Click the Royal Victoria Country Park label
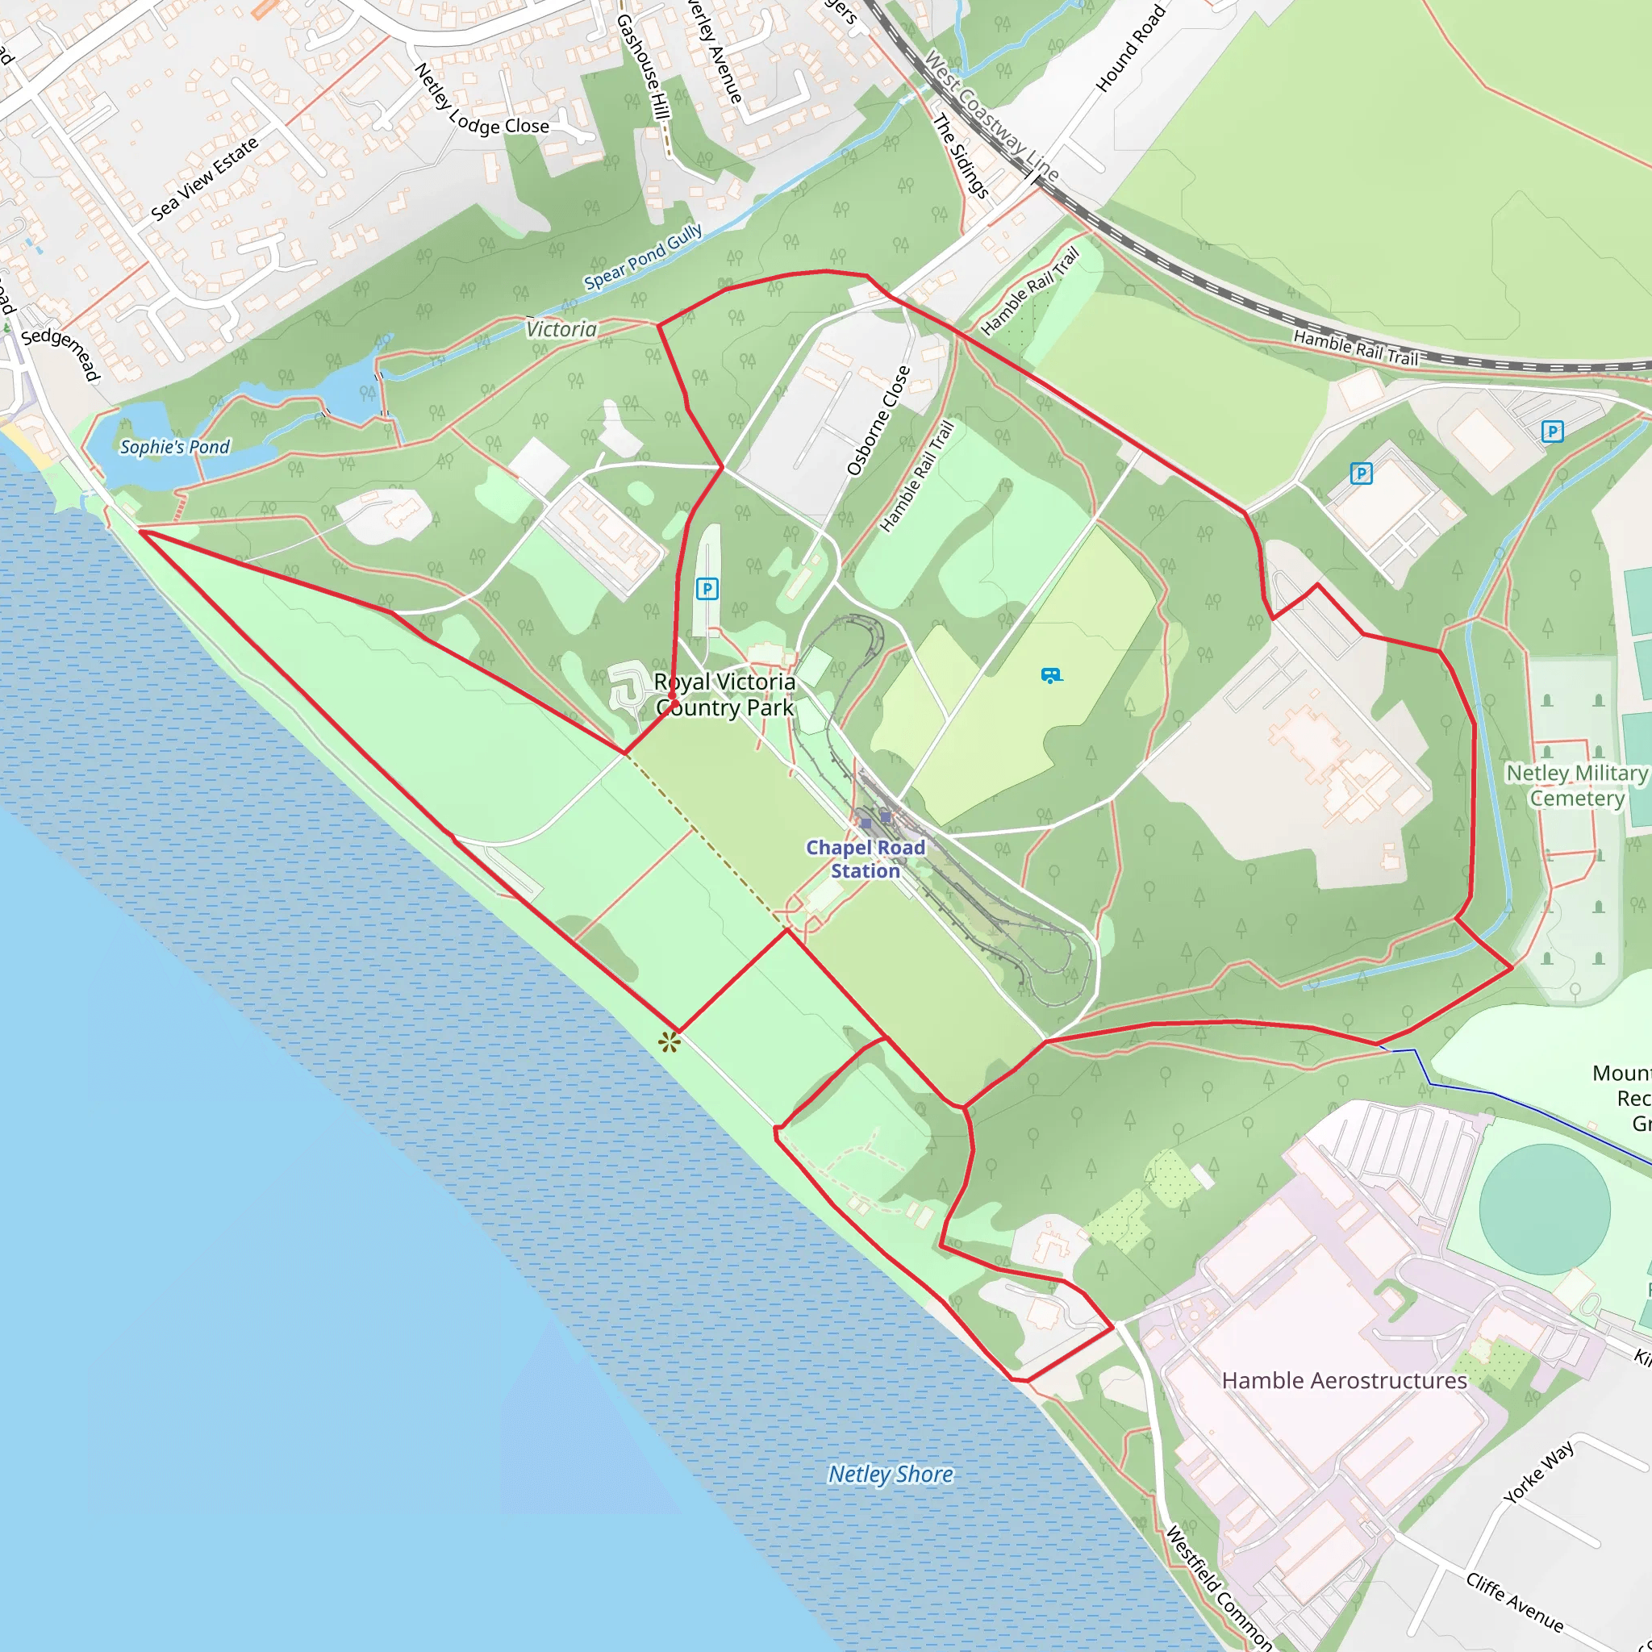click(x=725, y=695)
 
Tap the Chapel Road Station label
click(x=866, y=858)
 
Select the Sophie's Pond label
click(x=174, y=446)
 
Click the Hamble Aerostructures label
click(x=1344, y=1381)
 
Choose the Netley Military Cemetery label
click(x=1577, y=785)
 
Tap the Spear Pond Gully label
click(x=643, y=257)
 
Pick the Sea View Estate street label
click(x=204, y=179)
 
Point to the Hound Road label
click(x=1130, y=48)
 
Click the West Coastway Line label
click(x=991, y=115)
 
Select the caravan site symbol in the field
click(x=1051, y=675)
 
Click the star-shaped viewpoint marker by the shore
click(x=669, y=1041)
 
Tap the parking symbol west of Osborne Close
click(x=707, y=588)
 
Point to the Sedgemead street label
click(x=60, y=353)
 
